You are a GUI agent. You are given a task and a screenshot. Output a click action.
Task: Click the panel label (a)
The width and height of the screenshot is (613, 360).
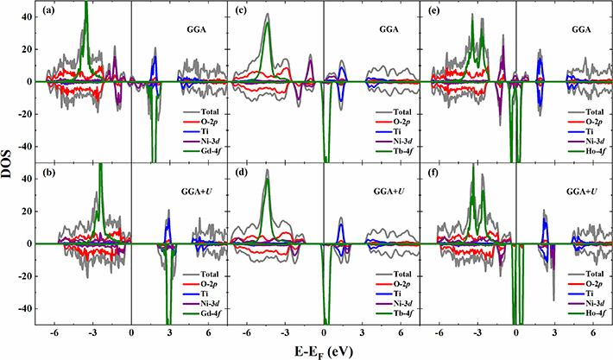pyautogui.click(x=51, y=11)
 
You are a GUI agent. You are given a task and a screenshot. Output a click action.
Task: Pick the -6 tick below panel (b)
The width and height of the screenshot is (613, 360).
pyautogui.click(x=54, y=332)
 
